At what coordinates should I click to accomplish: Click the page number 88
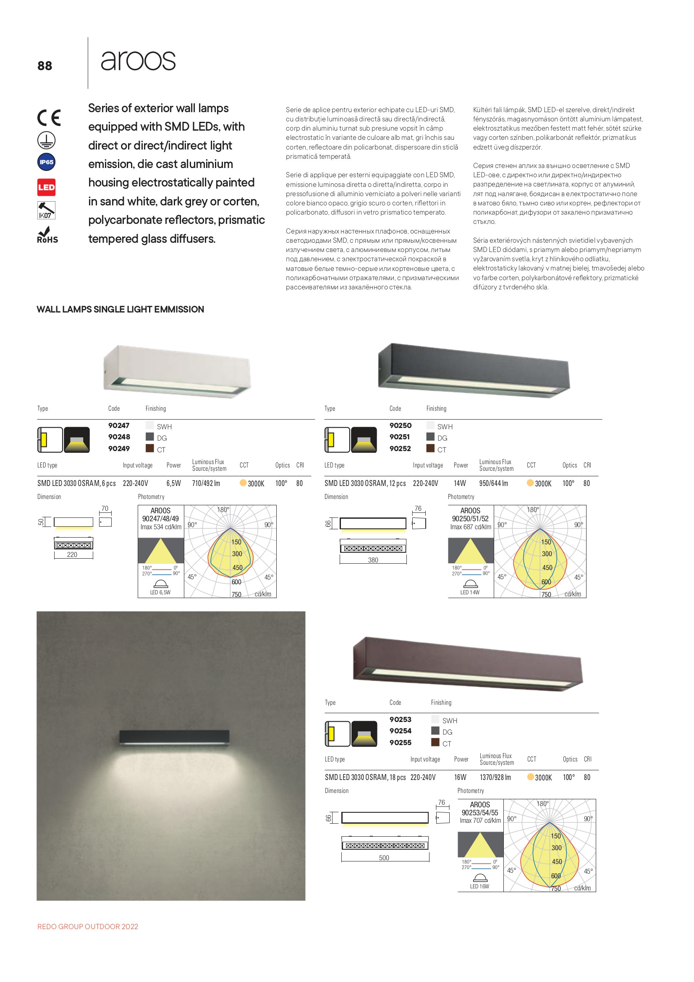pyautogui.click(x=45, y=66)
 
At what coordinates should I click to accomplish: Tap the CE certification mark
pyautogui.click(x=49, y=118)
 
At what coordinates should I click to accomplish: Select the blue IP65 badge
pyautogui.click(x=46, y=162)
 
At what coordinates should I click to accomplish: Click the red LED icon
pyautogui.click(x=46, y=187)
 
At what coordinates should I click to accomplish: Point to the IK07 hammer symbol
pyautogui.click(x=46, y=210)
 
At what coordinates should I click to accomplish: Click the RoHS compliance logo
pyautogui.click(x=47, y=236)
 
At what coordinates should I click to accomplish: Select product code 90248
pyautogui.click(x=118, y=437)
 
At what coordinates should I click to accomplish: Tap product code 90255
pyautogui.click(x=400, y=743)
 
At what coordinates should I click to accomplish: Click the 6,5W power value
pyautogui.click(x=174, y=483)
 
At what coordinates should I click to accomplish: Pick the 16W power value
pyautogui.click(x=460, y=777)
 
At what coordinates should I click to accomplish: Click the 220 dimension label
pyautogui.click(x=72, y=554)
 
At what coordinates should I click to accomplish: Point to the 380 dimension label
pyautogui.click(x=373, y=560)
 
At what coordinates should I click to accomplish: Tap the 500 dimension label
pyautogui.click(x=384, y=858)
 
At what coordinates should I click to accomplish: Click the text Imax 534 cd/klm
pyautogui.click(x=161, y=527)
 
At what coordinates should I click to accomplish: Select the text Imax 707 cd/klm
pyautogui.click(x=480, y=820)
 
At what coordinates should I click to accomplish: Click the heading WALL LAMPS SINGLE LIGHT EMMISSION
pyautogui.click(x=120, y=309)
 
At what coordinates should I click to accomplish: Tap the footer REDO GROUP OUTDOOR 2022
pyautogui.click(x=88, y=927)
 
